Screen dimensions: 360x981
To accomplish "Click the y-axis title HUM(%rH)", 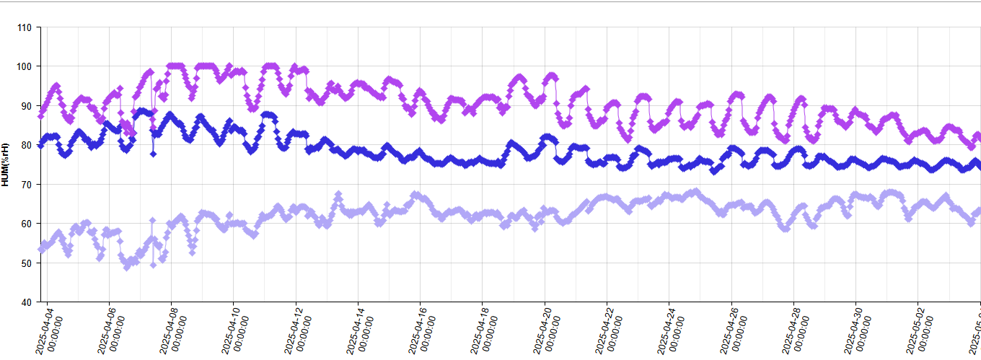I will coord(6,164).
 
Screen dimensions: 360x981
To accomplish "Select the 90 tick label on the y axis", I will coord(26,106).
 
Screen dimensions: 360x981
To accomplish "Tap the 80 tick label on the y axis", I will coord(26,145).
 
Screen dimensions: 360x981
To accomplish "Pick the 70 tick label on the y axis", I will coord(26,185).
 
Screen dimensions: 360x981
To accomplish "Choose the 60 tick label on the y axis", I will coord(26,224).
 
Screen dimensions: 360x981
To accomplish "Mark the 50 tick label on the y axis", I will coord(26,263).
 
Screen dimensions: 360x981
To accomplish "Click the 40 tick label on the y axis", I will coord(26,302).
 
